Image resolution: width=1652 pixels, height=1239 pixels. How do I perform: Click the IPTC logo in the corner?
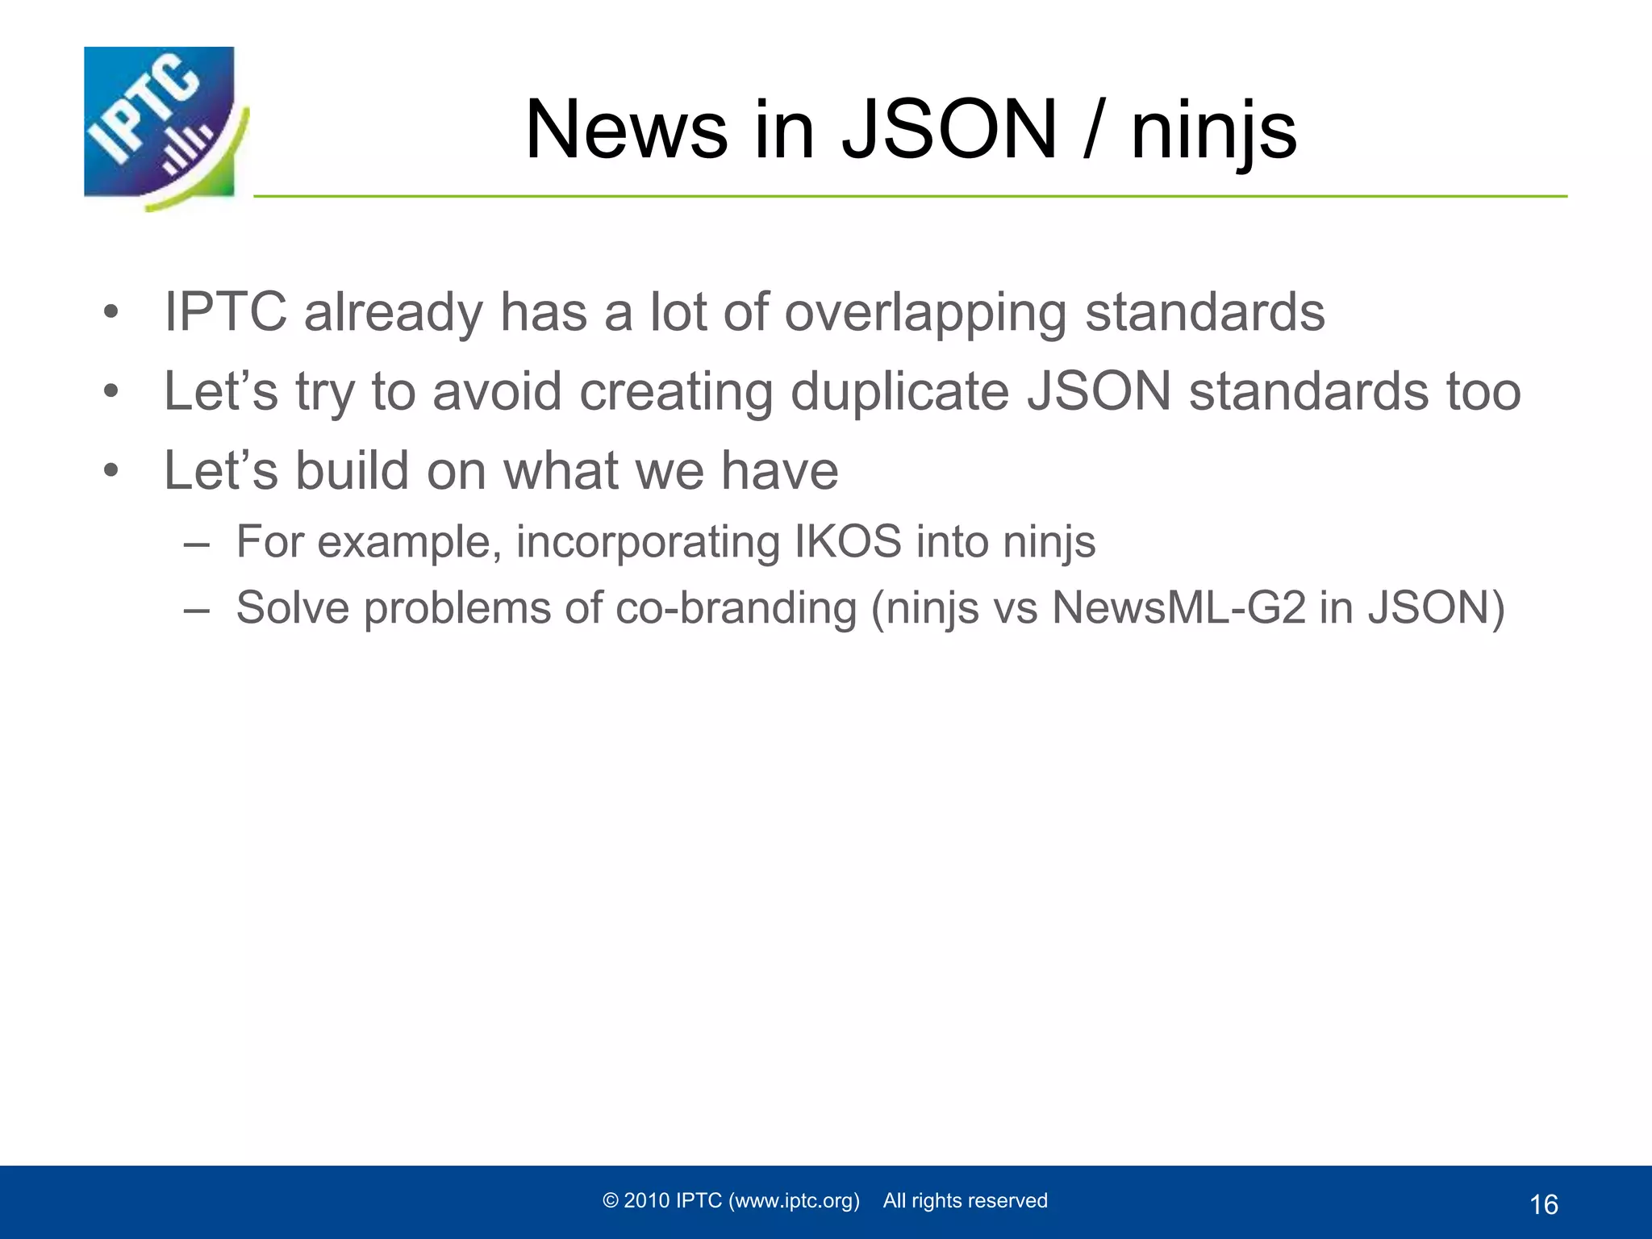(161, 125)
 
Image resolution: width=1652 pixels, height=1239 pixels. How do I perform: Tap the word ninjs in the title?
(1213, 131)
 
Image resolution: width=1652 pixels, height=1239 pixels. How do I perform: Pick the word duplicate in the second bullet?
(899, 392)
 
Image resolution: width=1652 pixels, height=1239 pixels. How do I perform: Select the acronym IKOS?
(848, 541)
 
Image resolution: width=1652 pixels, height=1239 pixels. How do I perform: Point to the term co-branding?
(736, 607)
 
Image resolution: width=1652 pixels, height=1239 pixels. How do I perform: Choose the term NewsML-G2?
(1179, 607)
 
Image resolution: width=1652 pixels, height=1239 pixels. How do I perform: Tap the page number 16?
(1543, 1205)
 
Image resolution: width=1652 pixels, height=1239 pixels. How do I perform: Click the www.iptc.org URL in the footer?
(794, 1201)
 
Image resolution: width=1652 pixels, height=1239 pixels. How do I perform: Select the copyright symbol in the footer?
(611, 1201)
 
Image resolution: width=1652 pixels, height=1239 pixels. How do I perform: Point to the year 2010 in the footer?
(647, 1201)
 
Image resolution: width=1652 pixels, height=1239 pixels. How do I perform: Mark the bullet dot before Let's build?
(111, 470)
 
